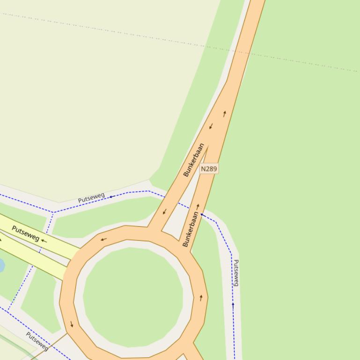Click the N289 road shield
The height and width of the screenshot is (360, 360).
click(209, 168)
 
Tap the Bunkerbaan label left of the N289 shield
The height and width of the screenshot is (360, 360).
click(194, 160)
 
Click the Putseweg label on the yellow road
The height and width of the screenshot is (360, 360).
click(26, 233)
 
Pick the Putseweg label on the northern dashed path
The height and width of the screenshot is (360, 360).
click(91, 198)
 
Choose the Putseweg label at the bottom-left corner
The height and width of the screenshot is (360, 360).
click(37, 341)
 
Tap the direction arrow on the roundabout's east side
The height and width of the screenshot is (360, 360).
click(201, 298)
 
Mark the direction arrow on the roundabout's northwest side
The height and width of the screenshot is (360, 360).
click(103, 239)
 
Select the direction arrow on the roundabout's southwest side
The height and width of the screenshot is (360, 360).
click(72, 324)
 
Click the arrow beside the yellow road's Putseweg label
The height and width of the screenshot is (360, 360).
click(44, 241)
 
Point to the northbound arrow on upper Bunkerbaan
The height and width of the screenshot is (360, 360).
click(225, 113)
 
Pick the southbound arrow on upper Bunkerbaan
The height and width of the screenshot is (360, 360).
click(211, 126)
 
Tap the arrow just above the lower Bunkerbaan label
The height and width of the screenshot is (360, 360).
click(198, 206)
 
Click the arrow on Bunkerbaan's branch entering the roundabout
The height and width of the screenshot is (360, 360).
click(164, 212)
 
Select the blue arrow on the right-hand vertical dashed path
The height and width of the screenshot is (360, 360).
click(233, 305)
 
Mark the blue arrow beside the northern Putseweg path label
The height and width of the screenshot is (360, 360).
click(111, 197)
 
